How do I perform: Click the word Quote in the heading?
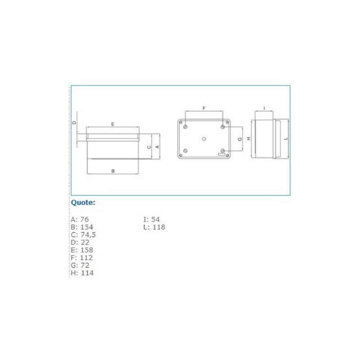click(82, 202)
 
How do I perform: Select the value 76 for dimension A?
click(84, 219)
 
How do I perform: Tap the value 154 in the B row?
click(86, 227)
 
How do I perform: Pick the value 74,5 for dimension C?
click(88, 234)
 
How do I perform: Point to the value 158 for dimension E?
click(86, 250)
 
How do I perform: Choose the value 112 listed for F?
click(86, 257)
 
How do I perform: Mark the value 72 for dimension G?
click(84, 265)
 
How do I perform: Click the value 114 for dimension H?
click(87, 273)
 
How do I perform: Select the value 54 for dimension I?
click(156, 219)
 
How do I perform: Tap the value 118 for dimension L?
click(158, 227)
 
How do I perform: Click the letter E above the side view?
click(112, 123)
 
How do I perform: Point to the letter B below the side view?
click(113, 171)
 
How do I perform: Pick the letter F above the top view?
click(204, 108)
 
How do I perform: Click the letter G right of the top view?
click(240, 139)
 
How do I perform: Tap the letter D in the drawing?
click(75, 123)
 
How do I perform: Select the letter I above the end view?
click(264, 108)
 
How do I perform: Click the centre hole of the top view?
click(204, 139)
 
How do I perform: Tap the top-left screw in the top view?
click(185, 127)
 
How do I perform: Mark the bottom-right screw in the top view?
click(223, 150)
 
